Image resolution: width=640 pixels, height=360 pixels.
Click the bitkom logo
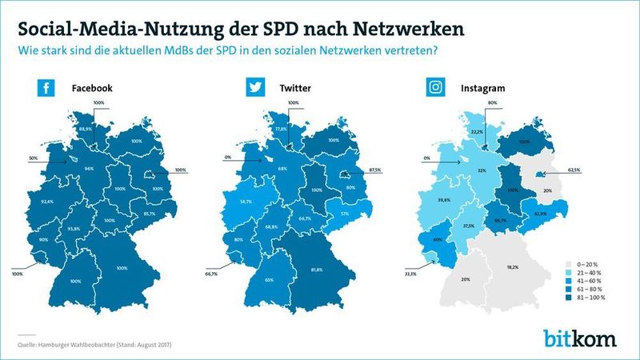tap(580, 338)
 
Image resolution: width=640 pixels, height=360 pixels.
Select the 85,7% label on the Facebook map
tap(148, 214)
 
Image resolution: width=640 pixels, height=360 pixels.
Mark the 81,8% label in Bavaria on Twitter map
tap(316, 270)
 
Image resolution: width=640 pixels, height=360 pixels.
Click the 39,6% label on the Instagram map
tap(446, 201)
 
